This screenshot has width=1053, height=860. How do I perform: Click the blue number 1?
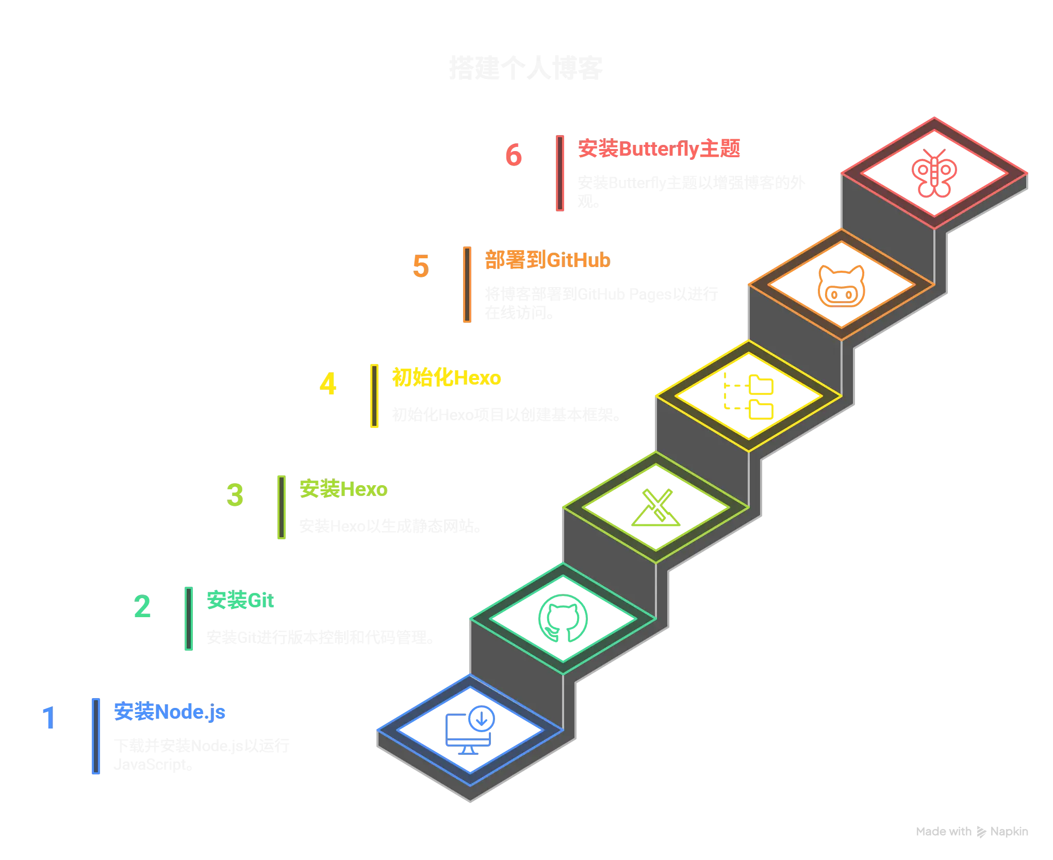tap(48, 717)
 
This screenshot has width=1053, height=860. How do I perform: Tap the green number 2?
tap(142, 606)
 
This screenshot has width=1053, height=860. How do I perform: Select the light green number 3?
tap(235, 495)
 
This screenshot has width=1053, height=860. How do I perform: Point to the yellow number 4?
tap(328, 384)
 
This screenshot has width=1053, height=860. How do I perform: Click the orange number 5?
tap(421, 266)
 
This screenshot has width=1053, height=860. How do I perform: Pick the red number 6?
tap(513, 155)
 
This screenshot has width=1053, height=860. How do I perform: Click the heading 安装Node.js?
tap(169, 712)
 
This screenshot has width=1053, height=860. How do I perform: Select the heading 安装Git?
tap(240, 601)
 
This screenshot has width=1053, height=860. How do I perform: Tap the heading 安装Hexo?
tap(342, 489)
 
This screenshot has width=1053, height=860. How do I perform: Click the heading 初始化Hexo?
tap(447, 378)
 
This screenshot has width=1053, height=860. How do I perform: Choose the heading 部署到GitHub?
tap(547, 260)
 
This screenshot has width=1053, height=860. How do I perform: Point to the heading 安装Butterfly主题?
tap(659, 149)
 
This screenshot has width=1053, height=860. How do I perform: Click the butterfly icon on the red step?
tap(934, 174)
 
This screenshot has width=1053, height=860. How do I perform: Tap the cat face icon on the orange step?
tap(841, 287)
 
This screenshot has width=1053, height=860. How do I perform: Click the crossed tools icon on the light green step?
tap(656, 508)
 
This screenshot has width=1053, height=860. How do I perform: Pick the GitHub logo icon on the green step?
tap(563, 619)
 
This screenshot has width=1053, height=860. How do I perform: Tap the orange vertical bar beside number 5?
tap(468, 285)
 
